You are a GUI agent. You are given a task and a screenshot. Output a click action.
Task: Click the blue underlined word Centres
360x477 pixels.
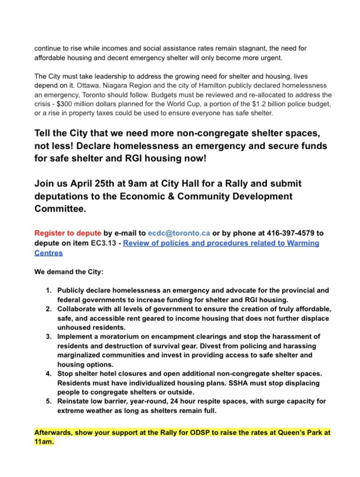(x=48, y=253)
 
